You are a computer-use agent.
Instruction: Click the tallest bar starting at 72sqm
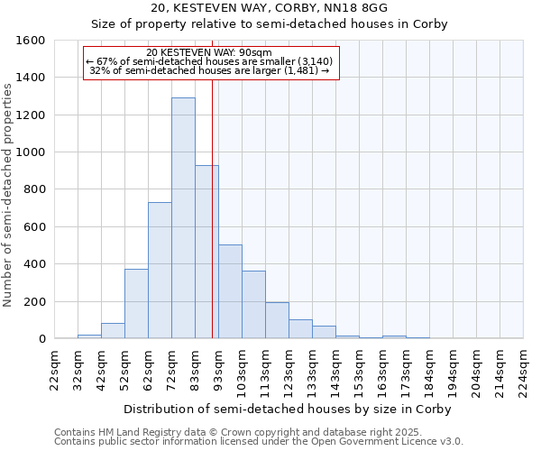[183, 218]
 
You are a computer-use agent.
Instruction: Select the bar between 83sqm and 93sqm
[206, 252]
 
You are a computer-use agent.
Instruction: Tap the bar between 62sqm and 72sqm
[160, 271]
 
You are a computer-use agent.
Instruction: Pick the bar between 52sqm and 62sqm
[136, 304]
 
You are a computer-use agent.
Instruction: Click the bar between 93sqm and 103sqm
[230, 291]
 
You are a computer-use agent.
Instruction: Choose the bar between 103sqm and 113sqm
[253, 305]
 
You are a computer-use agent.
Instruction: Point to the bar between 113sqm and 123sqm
[277, 320]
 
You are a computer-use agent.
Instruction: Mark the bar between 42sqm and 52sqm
[113, 330]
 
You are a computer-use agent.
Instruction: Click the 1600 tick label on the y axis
[31, 41]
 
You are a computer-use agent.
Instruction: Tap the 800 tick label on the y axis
[34, 189]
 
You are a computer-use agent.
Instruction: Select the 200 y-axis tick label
[34, 301]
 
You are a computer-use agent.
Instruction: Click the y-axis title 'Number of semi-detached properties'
[8, 189]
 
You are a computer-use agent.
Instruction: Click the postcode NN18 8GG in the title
[380, 8]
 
